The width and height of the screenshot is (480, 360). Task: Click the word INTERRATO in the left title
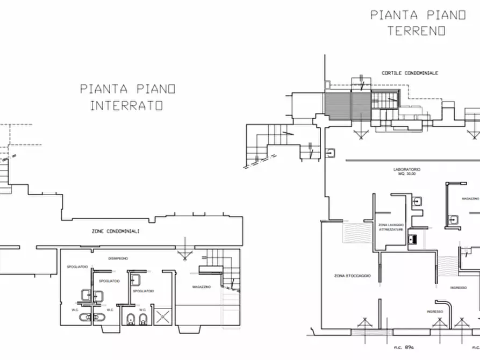[126, 106]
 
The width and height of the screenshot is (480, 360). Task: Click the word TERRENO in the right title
[417, 31]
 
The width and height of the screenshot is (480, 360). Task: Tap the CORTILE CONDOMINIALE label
[410, 73]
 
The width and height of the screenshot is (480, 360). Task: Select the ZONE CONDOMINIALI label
[116, 231]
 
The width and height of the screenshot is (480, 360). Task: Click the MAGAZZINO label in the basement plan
[201, 287]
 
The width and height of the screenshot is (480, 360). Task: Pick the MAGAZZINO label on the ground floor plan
[470, 198]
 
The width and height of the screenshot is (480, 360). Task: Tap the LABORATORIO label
[406, 169]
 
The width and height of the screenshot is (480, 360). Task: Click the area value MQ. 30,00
[406, 174]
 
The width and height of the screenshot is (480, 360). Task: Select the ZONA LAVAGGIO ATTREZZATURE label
[390, 227]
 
